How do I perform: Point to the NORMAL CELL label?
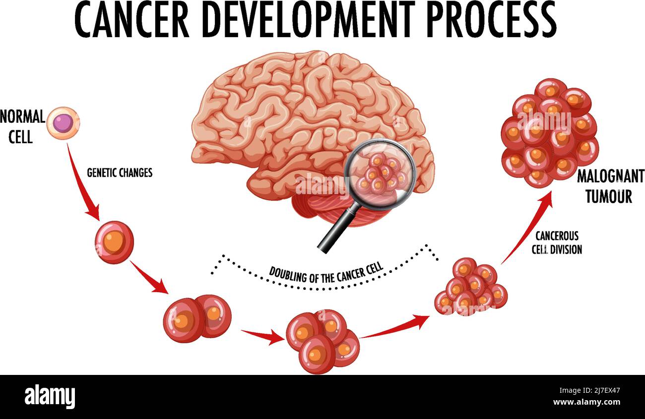(22, 127)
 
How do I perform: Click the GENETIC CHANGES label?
(120, 173)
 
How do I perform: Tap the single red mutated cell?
(114, 242)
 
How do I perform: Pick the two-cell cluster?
(197, 318)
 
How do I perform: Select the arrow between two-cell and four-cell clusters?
(261, 336)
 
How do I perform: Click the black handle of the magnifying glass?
(338, 228)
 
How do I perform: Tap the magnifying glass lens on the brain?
(380, 171)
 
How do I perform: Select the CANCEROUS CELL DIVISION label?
(556, 243)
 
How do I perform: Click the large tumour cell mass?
(548, 132)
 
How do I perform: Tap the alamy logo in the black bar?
(50, 396)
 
